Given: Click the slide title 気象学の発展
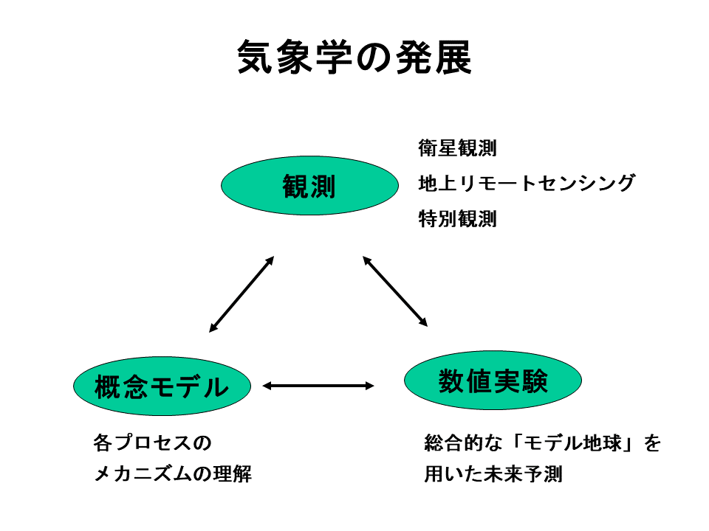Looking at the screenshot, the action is coord(354,57).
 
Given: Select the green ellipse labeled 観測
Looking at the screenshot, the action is coord(309,186).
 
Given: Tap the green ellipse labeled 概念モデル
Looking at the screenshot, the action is coord(162,386).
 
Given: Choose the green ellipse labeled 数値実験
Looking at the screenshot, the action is coord(493,381).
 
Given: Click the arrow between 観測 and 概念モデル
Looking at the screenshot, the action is coord(242,294).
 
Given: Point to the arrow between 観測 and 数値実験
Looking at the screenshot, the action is coord(395,291).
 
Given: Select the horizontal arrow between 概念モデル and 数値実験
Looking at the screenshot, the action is coord(318,386).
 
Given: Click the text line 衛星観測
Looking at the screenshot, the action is coord(457,148).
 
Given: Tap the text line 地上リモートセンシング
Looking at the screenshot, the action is coord(527,183).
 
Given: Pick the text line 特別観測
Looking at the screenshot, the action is coord(457,218).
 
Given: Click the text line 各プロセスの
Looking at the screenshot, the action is coord(152,442).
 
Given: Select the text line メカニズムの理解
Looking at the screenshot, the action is coord(172,474).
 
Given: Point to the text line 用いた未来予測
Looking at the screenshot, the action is coord(493,474).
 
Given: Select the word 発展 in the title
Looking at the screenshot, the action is coord(434,57).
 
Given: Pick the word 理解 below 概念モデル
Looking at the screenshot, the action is coord(233,474).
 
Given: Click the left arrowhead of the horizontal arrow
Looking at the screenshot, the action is coord(267,386).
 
